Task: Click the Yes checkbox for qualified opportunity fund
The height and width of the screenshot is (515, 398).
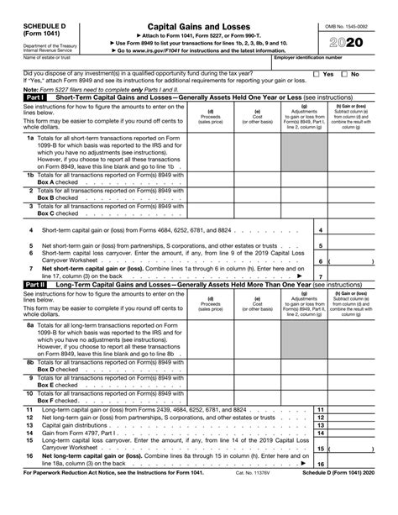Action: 317,74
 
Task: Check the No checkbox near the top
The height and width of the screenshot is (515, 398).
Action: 343,74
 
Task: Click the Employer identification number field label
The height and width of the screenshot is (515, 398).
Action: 308,57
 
